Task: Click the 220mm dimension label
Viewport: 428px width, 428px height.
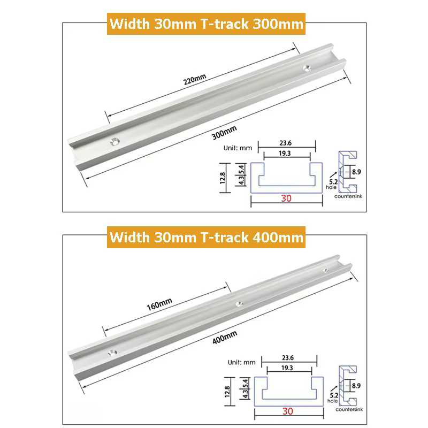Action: coord(194,79)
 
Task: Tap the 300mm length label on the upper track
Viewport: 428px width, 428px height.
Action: coord(224,133)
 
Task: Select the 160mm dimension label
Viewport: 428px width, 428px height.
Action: coord(159,304)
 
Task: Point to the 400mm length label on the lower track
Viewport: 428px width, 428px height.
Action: coord(225,338)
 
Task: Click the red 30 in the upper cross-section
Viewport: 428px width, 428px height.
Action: coord(286,198)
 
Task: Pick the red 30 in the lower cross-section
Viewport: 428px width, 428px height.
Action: coord(288,411)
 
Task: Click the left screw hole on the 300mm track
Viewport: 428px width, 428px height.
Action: coord(115,141)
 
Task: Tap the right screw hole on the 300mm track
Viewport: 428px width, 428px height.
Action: coord(308,68)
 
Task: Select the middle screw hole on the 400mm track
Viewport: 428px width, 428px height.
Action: coord(239,304)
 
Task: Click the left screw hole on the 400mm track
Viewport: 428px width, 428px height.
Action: coord(112,353)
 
